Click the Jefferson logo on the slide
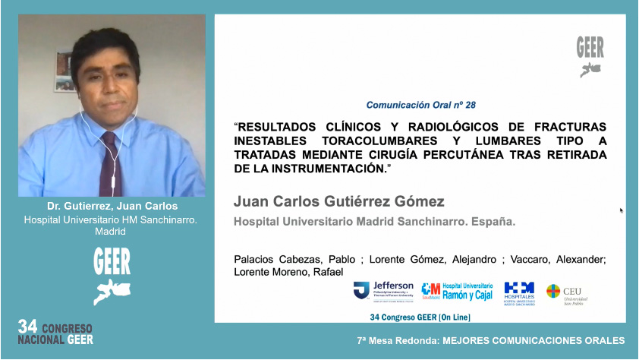(x=383, y=290)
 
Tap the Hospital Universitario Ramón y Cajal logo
(x=455, y=290)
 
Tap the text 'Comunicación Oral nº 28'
(x=420, y=105)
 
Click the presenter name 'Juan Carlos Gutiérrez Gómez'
(x=338, y=201)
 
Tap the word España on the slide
(x=493, y=223)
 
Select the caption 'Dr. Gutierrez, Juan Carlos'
(x=111, y=207)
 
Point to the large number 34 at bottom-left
(x=28, y=327)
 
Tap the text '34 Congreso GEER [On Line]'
(x=419, y=316)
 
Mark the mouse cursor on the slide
(x=622, y=210)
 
